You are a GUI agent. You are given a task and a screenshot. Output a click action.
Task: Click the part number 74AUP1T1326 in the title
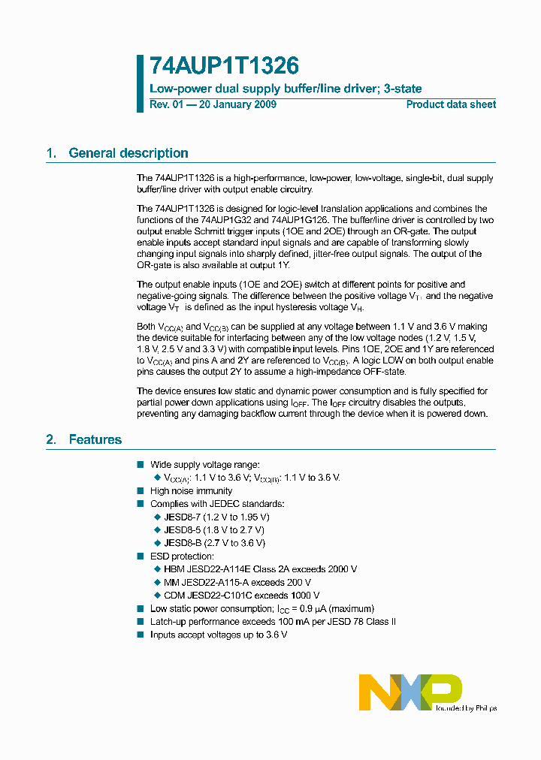coord(213,65)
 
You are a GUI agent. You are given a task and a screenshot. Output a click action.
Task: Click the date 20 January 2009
coord(237,104)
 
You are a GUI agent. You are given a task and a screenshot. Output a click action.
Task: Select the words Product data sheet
coord(451,104)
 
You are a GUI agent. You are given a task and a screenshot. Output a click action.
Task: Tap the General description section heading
coord(128,153)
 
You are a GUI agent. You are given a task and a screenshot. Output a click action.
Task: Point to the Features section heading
coord(95,439)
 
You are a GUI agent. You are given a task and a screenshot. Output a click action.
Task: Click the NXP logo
coord(410,692)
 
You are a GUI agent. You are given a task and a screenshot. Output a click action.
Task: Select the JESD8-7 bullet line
coord(216,517)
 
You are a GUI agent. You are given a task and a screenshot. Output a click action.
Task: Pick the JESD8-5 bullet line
coord(214,530)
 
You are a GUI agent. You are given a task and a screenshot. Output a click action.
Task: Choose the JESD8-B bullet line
coord(214,543)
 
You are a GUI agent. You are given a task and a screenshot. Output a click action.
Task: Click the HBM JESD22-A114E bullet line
coord(260,569)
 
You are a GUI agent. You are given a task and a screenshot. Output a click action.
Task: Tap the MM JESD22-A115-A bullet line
coord(237,582)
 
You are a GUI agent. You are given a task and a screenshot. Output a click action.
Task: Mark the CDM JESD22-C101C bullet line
coord(241,595)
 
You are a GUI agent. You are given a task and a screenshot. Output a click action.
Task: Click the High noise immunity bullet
coord(191,491)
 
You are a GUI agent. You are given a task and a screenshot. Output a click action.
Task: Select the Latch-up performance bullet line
coord(273,622)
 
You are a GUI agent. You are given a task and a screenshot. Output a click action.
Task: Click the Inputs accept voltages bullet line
coord(219,635)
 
